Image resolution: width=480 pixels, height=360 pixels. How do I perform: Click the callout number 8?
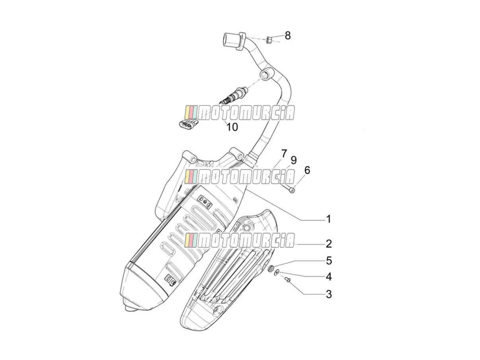coord(288,35)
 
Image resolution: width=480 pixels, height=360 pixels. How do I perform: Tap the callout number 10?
coord(232,127)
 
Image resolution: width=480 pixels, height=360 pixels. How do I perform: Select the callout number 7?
coord(284,154)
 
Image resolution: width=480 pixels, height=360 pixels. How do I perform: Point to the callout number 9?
coord(293,160)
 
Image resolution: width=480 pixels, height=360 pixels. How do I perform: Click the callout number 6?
coord(307,170)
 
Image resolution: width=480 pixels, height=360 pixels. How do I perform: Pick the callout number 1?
coord(328,219)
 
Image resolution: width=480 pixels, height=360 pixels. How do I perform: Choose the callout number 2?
coord(329,244)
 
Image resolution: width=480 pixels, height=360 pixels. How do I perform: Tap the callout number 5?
coord(329,261)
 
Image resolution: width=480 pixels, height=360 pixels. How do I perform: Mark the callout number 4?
coord(329,277)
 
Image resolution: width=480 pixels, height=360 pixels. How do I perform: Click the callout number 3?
coord(329,294)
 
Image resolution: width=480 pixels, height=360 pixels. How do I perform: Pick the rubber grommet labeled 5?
coord(270,268)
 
